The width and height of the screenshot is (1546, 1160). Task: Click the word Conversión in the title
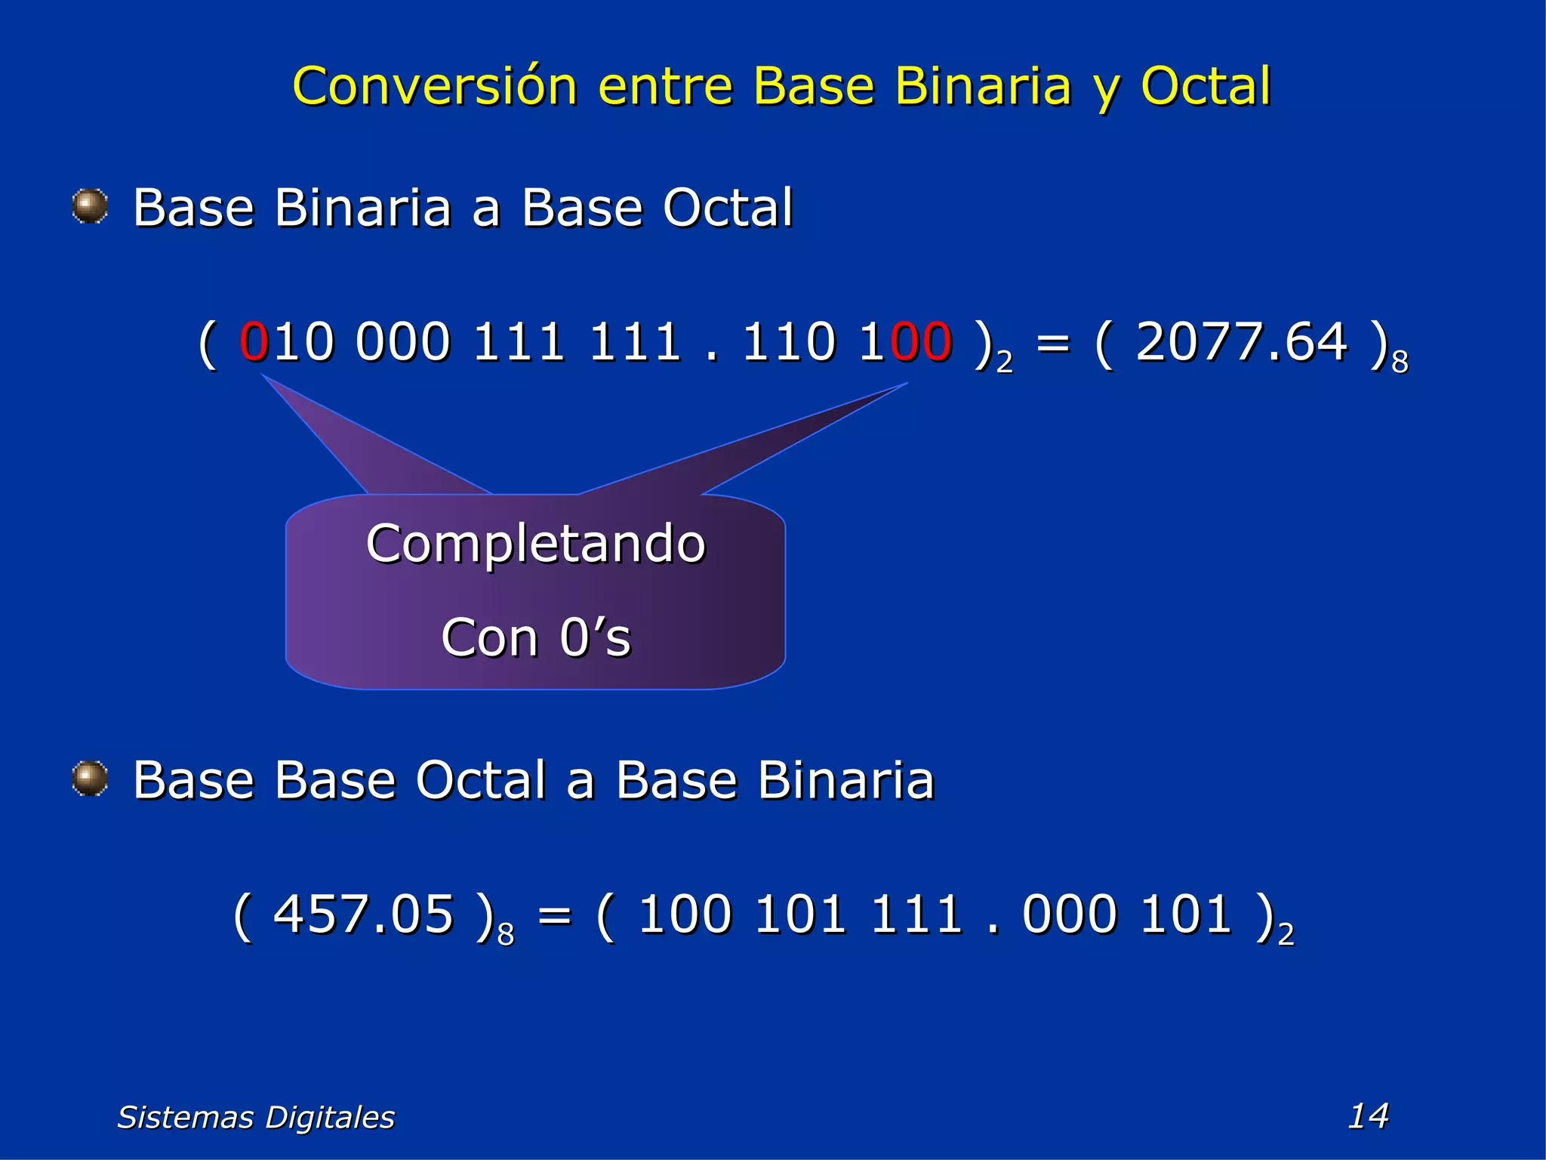435,86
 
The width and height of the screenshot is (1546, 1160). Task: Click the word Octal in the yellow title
1206,86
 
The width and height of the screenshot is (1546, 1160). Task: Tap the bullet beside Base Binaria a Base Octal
90,206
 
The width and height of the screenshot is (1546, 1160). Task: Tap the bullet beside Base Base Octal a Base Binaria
90,779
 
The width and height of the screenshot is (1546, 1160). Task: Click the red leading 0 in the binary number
254,342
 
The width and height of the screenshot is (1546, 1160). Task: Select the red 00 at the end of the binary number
921,342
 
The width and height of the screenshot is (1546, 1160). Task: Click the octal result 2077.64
1241,342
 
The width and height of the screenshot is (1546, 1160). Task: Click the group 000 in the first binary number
402,342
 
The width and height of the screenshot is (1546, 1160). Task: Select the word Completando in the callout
535,544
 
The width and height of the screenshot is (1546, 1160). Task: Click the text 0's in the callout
595,637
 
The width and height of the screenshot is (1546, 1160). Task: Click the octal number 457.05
363,915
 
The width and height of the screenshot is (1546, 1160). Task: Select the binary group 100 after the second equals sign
685,915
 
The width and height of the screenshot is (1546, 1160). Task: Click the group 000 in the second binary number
1069,915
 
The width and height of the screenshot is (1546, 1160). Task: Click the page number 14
1368,1115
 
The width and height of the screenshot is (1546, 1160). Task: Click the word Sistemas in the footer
185,1117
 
